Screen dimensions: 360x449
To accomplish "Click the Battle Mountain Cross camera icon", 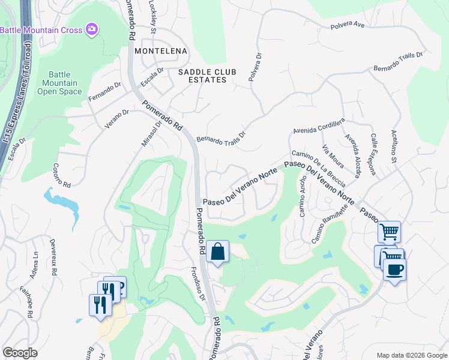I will (92, 29).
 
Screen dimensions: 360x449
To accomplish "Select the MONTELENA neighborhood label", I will (160, 51).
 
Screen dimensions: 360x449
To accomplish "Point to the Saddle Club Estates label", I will (203, 76).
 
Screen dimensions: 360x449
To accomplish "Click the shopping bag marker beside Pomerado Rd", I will (218, 252).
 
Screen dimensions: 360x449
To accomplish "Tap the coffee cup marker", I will (394, 269).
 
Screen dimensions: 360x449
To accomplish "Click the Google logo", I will (19, 353).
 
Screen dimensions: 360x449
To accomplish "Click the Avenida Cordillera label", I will (319, 127).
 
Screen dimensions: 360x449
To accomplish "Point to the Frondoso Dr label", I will (198, 284).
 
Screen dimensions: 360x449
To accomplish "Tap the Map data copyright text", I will (412, 355).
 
